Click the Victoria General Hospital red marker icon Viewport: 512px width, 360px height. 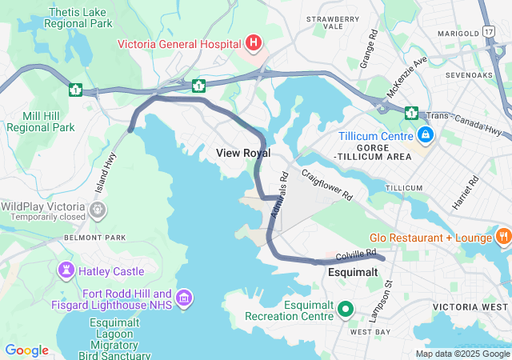[254, 42]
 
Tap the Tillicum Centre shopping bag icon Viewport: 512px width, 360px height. [426, 134]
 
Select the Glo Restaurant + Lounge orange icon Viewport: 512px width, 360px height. [503, 236]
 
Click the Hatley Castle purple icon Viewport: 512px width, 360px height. [66, 271]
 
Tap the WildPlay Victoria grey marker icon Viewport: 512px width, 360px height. [98, 210]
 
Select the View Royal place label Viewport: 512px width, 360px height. [243, 153]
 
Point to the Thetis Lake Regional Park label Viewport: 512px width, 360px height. [80, 18]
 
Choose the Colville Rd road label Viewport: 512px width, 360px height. [356, 254]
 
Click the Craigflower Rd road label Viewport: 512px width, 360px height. [326, 184]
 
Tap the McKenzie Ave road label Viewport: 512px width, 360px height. [407, 77]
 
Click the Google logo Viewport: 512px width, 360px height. [26, 350]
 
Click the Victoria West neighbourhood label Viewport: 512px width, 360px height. [472, 307]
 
